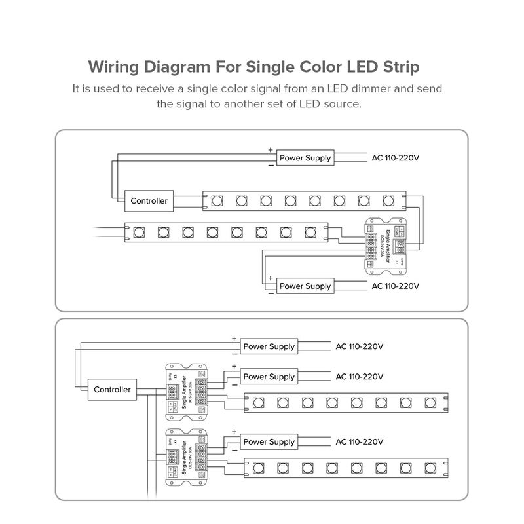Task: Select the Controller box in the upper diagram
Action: click(149, 201)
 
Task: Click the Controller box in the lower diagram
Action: click(112, 389)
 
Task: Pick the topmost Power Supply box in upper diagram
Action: click(305, 158)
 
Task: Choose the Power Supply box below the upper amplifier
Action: click(305, 286)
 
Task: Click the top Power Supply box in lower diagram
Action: click(269, 346)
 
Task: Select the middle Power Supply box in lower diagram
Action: click(269, 377)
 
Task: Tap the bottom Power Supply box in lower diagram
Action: click(269, 442)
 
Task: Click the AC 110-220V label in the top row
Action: click(395, 158)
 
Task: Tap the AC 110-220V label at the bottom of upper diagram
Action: click(395, 286)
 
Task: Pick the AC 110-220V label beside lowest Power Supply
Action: click(359, 442)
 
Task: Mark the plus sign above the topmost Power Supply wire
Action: click(271, 150)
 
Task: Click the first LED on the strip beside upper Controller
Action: click(216, 199)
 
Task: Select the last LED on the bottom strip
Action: click(430, 468)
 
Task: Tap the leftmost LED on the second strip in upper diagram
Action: click(139, 232)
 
